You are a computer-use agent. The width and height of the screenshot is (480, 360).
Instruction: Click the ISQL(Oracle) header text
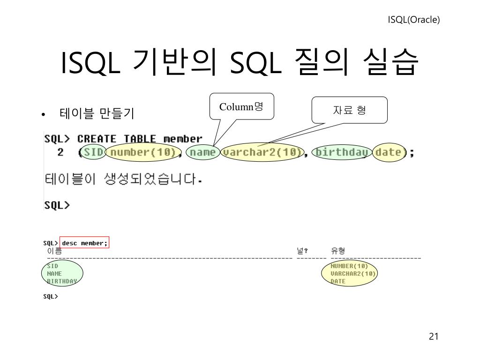(413, 20)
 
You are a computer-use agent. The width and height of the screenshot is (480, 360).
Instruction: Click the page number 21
(433, 337)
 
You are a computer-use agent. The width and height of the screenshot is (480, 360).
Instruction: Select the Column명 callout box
(241, 107)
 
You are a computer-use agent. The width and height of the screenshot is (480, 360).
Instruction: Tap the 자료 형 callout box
(350, 110)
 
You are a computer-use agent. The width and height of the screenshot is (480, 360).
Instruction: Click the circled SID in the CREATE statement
(94, 152)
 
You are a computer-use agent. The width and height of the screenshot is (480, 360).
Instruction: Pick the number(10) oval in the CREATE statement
(143, 152)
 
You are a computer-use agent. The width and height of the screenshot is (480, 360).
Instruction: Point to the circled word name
(202, 152)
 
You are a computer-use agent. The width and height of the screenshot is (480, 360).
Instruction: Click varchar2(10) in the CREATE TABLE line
(262, 152)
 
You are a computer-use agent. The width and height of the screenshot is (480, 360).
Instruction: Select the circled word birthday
(342, 152)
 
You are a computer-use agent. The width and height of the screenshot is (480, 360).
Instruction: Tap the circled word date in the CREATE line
(389, 152)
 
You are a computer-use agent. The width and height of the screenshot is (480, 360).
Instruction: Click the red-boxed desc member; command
(84, 243)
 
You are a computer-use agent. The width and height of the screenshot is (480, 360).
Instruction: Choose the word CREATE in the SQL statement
(97, 139)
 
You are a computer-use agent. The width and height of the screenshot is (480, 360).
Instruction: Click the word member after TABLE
(183, 139)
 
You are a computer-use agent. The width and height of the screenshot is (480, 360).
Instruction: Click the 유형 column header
(337, 251)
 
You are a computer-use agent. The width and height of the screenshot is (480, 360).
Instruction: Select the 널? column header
(302, 251)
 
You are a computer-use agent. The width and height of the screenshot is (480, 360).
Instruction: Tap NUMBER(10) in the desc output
(349, 266)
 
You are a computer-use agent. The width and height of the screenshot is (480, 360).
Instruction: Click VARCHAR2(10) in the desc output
(353, 273)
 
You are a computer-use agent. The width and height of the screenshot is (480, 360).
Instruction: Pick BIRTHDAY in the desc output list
(62, 281)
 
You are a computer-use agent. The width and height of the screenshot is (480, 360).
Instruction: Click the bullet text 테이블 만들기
(97, 113)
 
